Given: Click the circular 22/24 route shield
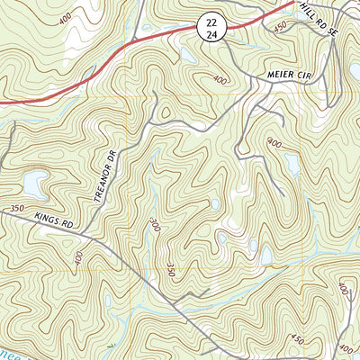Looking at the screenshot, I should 209,27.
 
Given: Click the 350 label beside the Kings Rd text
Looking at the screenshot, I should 16,209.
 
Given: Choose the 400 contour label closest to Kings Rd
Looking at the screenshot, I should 79,258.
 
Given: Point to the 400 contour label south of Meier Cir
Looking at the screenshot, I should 274,144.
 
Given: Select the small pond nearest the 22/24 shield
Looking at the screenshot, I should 186,54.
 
